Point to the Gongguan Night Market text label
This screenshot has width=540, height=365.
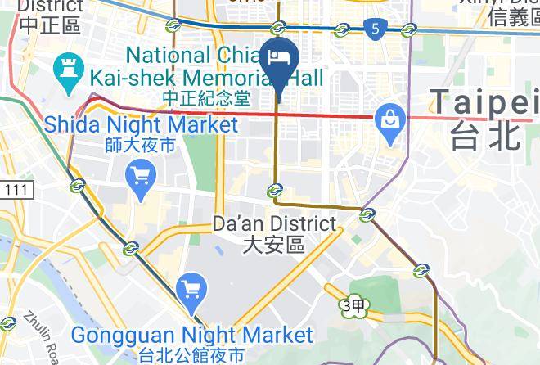coord(191,335)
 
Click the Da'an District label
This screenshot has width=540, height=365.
coord(273,223)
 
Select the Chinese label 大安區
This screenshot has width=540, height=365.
coord(273,244)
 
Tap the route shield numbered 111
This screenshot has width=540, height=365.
coord(14,190)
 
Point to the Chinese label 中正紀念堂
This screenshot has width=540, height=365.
coord(205,98)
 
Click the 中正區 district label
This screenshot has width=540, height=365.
coord(50,24)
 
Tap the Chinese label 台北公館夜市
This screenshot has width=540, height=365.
coord(191,355)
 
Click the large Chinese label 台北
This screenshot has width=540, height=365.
coord(484,135)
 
